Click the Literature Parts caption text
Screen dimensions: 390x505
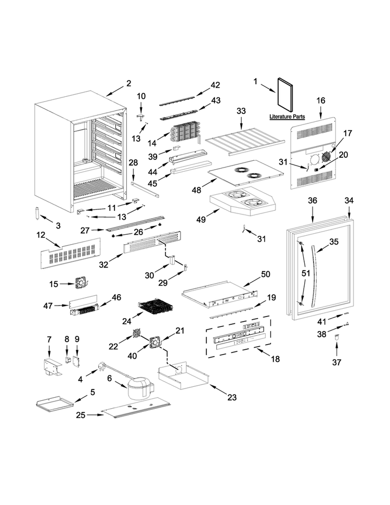tap(287, 117)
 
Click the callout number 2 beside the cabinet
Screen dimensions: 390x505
tap(129, 83)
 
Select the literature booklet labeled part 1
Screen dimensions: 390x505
tap(285, 96)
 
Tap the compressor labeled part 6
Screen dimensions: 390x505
tap(140, 388)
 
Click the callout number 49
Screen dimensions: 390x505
tap(201, 219)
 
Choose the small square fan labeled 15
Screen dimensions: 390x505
tap(80, 283)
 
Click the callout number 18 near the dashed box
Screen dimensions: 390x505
tap(276, 359)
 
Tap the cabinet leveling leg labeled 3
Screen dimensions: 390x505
tap(37, 213)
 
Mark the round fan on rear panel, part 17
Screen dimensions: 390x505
tap(326, 157)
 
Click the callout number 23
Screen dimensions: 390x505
tap(232, 397)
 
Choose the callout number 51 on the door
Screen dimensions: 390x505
tap(306, 273)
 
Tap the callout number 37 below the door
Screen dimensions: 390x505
tap(336, 362)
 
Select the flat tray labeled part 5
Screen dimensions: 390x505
tap(53, 403)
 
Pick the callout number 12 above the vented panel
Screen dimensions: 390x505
tap(41, 235)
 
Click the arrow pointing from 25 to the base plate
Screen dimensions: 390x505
tap(96, 415)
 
